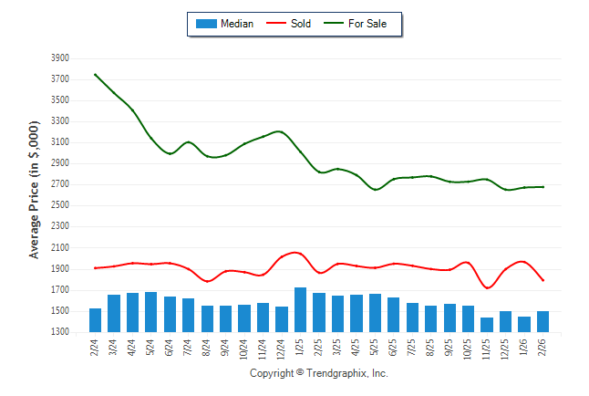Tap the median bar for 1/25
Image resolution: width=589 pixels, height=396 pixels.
point(300,310)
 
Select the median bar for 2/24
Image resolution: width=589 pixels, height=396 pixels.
point(95,320)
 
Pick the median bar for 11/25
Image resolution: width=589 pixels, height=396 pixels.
point(487,325)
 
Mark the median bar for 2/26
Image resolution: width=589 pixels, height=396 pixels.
point(542,322)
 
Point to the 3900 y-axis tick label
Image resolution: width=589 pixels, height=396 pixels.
point(60,57)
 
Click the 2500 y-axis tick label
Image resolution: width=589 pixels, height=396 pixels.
point(60,205)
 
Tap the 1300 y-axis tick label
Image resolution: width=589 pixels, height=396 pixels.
point(60,332)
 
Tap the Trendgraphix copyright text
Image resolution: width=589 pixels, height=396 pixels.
point(319,373)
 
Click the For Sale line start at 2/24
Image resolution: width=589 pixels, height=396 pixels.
point(95,74)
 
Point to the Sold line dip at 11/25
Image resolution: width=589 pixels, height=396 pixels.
point(487,288)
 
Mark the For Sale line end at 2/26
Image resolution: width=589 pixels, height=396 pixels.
point(542,187)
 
